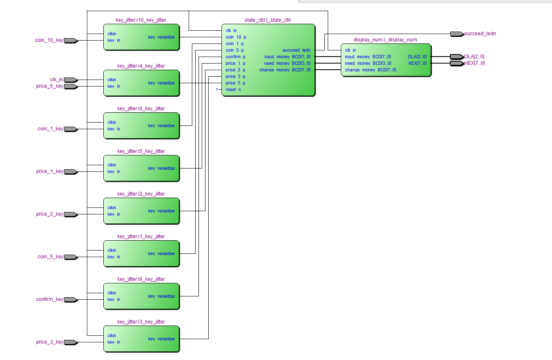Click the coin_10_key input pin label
point(49,40)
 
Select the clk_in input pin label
point(56,80)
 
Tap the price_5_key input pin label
point(49,86)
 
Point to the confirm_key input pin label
point(49,299)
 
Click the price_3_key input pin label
point(49,342)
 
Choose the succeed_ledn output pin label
point(480,34)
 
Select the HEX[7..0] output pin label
point(474,63)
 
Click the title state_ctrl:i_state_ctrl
point(267,20)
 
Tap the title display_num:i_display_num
point(385,40)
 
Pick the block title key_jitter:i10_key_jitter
point(141,20)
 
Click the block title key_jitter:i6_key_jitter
point(141,279)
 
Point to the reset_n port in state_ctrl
point(233,89)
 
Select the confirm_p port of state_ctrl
point(235,57)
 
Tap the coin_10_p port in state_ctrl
point(236,37)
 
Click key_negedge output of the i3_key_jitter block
point(161,339)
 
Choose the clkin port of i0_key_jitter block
point(112,122)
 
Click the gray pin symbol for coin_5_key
point(71,257)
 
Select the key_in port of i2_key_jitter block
point(114,214)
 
